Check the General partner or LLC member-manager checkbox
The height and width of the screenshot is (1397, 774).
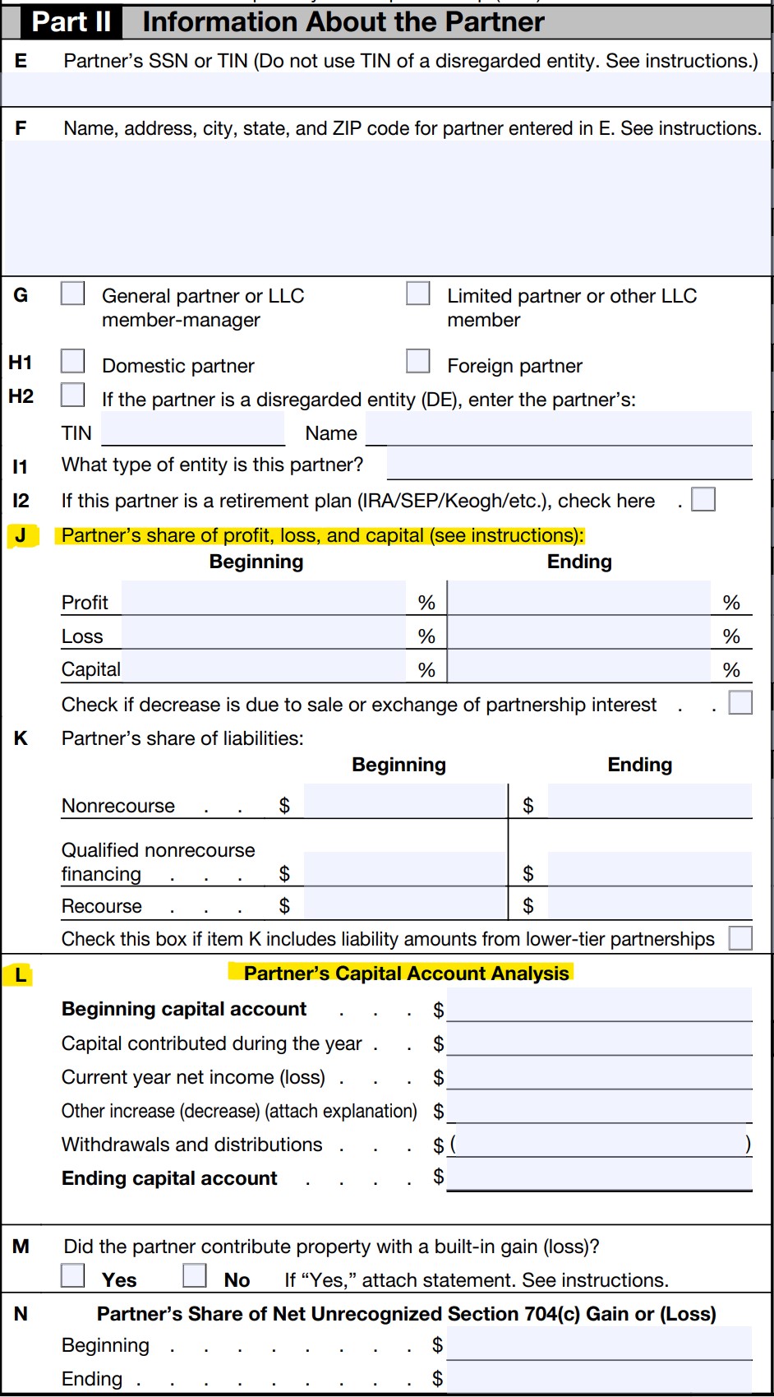click(73, 294)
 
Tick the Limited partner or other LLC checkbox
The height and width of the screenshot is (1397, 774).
click(418, 294)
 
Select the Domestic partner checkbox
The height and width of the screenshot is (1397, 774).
click(73, 361)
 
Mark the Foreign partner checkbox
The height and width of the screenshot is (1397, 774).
click(418, 361)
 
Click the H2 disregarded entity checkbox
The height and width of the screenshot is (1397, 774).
click(73, 395)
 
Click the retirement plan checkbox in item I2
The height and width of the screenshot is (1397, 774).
click(703, 499)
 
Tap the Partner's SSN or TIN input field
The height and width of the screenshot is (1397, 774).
click(386, 89)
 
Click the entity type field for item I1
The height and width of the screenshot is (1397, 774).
click(569, 464)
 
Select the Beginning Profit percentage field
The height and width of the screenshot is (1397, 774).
click(263, 599)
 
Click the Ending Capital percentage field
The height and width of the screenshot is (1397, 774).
click(579, 666)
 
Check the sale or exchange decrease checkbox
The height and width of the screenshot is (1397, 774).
click(740, 703)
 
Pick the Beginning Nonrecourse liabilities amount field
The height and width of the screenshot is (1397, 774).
click(404, 802)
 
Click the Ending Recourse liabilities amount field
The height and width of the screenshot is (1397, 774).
click(649, 904)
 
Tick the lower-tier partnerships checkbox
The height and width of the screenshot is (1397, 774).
click(740, 938)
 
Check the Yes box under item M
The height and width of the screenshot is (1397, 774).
click(73, 1275)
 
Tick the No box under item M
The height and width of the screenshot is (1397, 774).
click(195, 1275)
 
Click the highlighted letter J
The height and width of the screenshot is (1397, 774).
click(21, 536)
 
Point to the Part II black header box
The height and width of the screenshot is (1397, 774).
click(71, 22)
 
